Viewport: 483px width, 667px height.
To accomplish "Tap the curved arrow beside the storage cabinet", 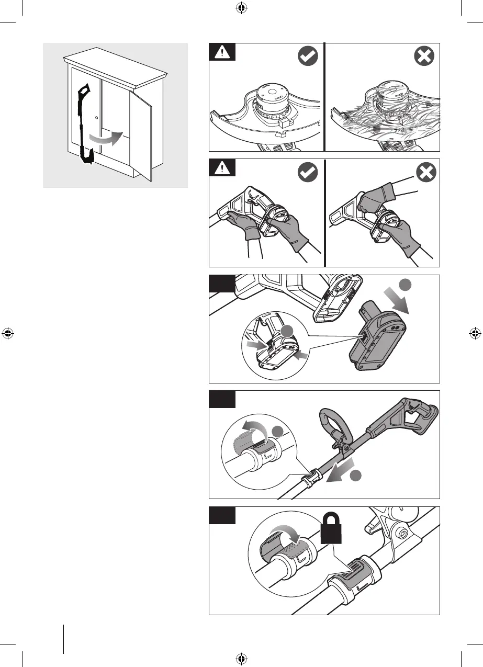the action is [x=107, y=138].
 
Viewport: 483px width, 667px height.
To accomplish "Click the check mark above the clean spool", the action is [x=308, y=56].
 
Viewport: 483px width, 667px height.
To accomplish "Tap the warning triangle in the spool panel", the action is [x=222, y=52].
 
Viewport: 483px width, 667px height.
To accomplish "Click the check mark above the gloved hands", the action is [x=308, y=173].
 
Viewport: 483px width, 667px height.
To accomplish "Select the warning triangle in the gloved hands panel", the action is [x=222, y=168].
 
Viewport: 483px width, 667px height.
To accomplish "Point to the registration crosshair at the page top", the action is [x=241, y=7].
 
